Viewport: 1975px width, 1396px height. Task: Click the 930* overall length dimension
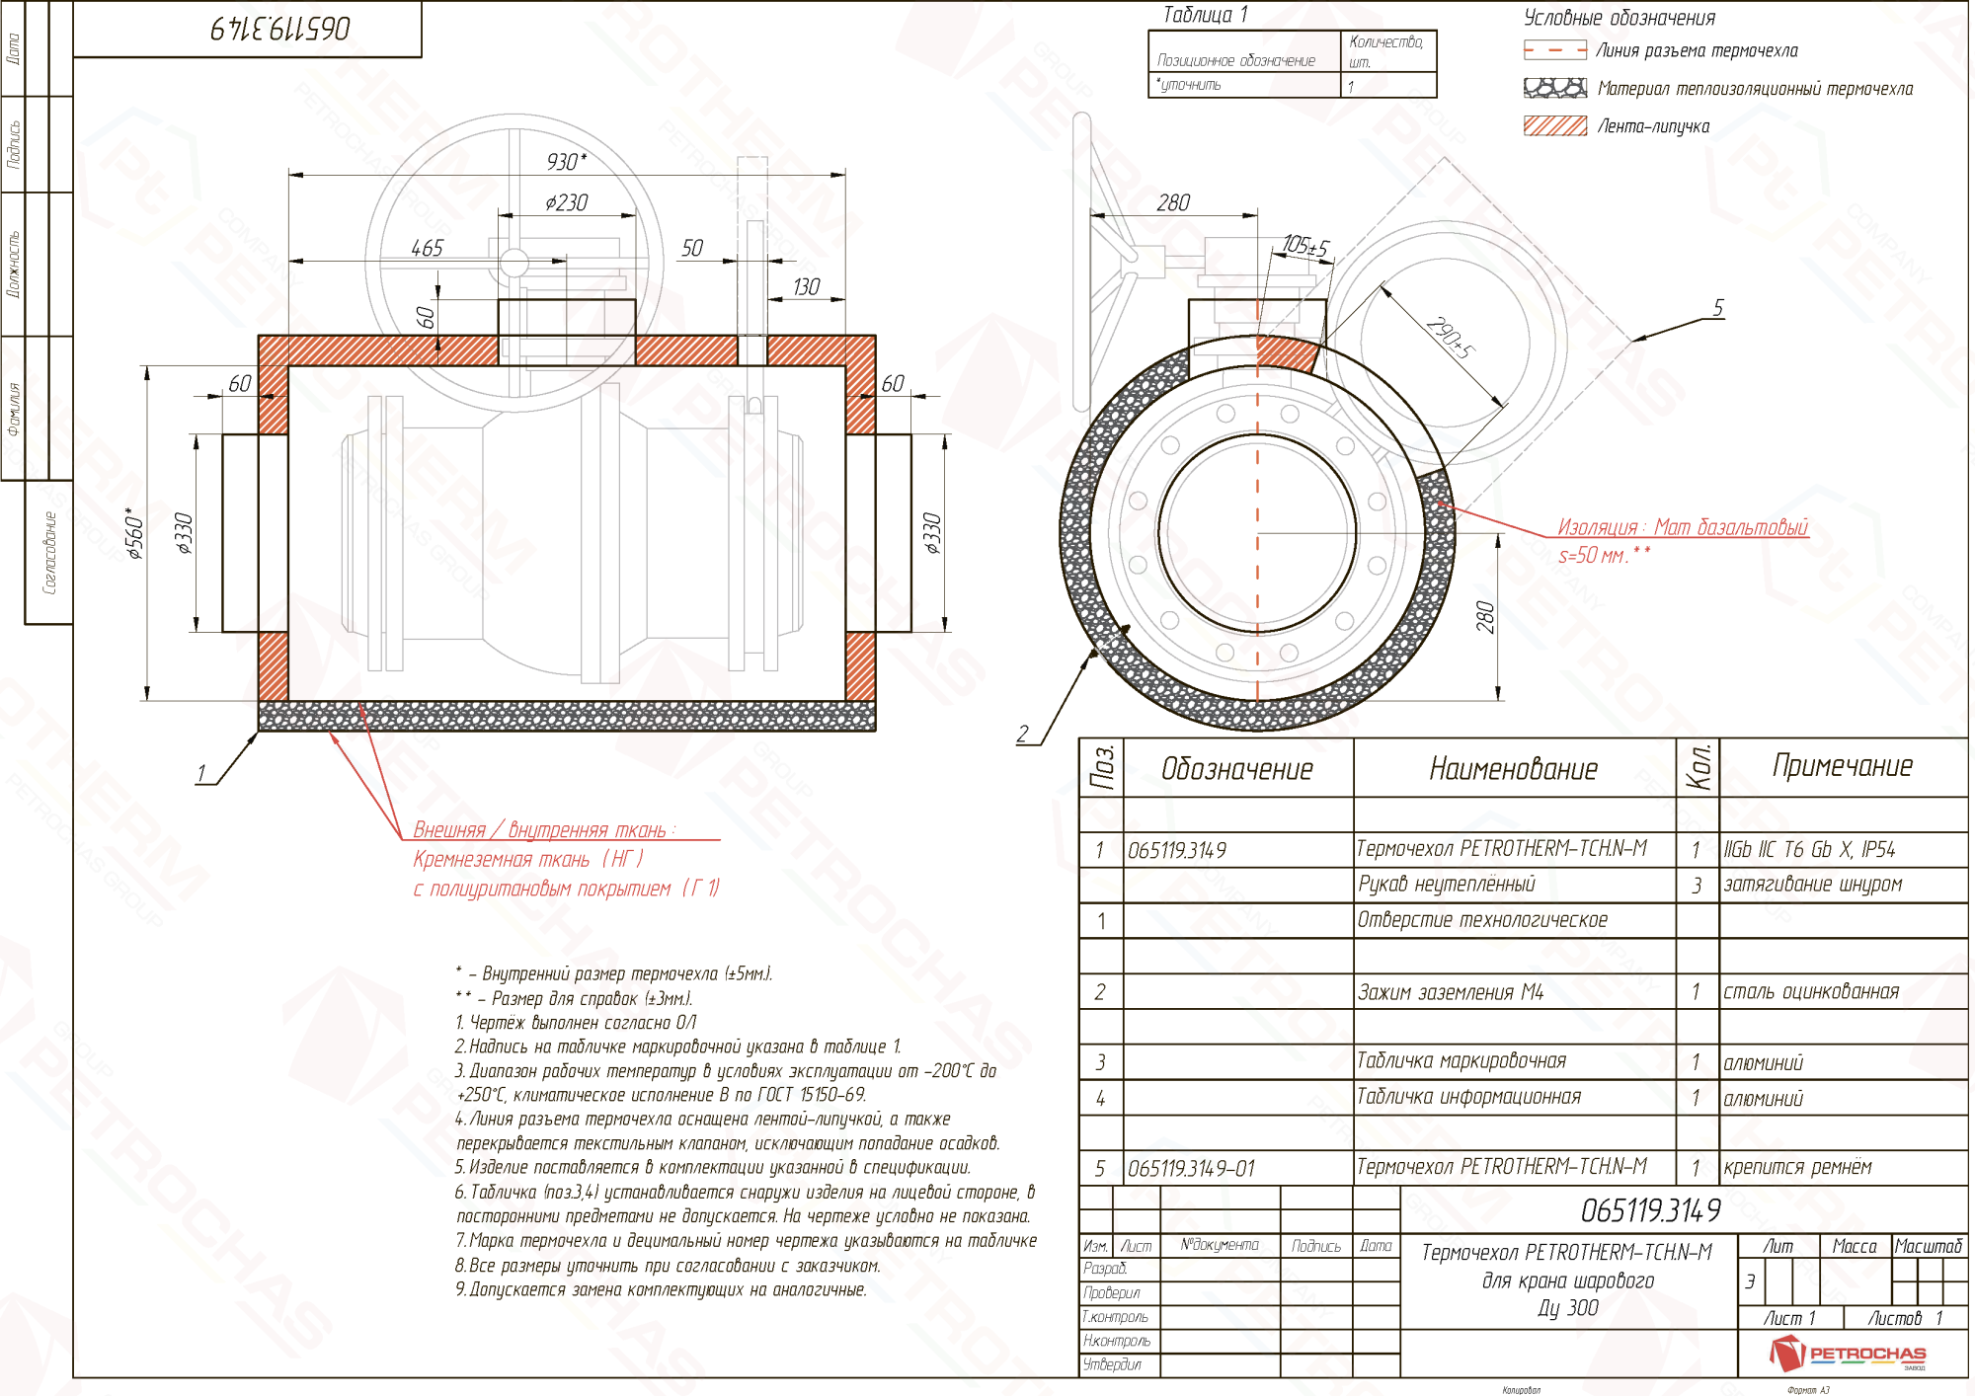(x=566, y=161)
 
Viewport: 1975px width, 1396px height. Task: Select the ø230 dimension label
(x=566, y=202)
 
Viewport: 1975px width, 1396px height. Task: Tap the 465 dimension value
(x=427, y=248)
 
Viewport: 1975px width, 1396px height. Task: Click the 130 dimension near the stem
(x=806, y=286)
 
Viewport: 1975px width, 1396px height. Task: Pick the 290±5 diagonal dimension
(x=1450, y=339)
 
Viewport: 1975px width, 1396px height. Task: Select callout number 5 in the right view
(x=1718, y=308)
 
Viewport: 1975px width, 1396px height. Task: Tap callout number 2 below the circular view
(x=1023, y=734)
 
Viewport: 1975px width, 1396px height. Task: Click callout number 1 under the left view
(x=201, y=773)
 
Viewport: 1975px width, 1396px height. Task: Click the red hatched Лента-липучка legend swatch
(x=1554, y=125)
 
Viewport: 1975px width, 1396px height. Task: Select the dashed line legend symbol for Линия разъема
(x=1554, y=49)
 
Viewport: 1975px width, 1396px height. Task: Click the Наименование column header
(x=1513, y=769)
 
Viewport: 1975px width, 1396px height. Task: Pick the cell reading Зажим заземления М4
(x=1450, y=992)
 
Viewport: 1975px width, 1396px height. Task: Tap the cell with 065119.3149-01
(x=1191, y=1168)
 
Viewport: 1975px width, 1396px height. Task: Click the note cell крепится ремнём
(x=1797, y=1167)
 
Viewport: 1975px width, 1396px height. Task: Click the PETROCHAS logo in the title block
(x=1847, y=1353)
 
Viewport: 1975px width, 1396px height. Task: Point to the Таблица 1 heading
(x=1205, y=15)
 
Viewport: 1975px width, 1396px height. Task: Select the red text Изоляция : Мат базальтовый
(x=1682, y=527)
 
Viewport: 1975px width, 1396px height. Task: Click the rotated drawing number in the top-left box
(x=280, y=29)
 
